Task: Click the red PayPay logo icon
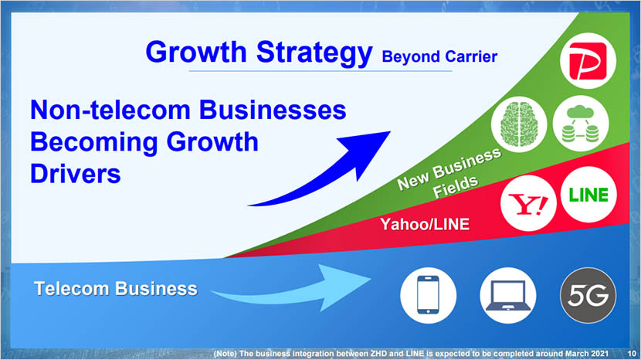coord(588,61)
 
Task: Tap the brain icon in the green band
coord(519,124)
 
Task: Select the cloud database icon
coord(581,124)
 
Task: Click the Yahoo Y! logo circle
coord(528,203)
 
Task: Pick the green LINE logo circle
coord(588,195)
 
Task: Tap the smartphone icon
coord(428,295)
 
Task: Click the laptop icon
coord(507,295)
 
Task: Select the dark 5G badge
coord(588,295)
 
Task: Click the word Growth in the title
coord(196,53)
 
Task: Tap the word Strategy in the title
coord(314,53)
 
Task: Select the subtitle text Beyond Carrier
coord(439,57)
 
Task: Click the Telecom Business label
coord(116,289)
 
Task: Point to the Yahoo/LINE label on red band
coord(425,224)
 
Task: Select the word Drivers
coord(76,174)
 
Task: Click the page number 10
coord(632,354)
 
